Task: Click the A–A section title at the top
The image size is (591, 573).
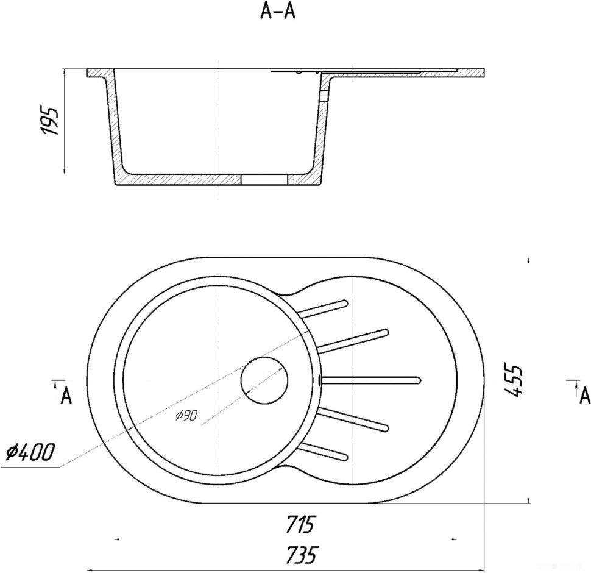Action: click(x=278, y=12)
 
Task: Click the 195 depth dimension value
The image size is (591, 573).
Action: click(x=50, y=121)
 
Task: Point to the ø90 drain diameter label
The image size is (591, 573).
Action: click(x=186, y=416)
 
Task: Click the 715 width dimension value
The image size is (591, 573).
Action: click(x=300, y=524)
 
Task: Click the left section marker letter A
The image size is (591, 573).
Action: click(x=66, y=396)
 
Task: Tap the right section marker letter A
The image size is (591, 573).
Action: click(x=585, y=396)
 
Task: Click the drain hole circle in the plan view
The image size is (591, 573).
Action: click(x=264, y=380)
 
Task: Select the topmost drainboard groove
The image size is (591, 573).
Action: click(x=323, y=308)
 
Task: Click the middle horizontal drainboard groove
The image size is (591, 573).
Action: click(x=371, y=380)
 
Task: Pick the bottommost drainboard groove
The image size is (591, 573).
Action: click(x=323, y=452)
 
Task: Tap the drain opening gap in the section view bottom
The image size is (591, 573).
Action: click(x=264, y=180)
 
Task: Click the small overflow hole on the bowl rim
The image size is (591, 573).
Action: click(x=320, y=380)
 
